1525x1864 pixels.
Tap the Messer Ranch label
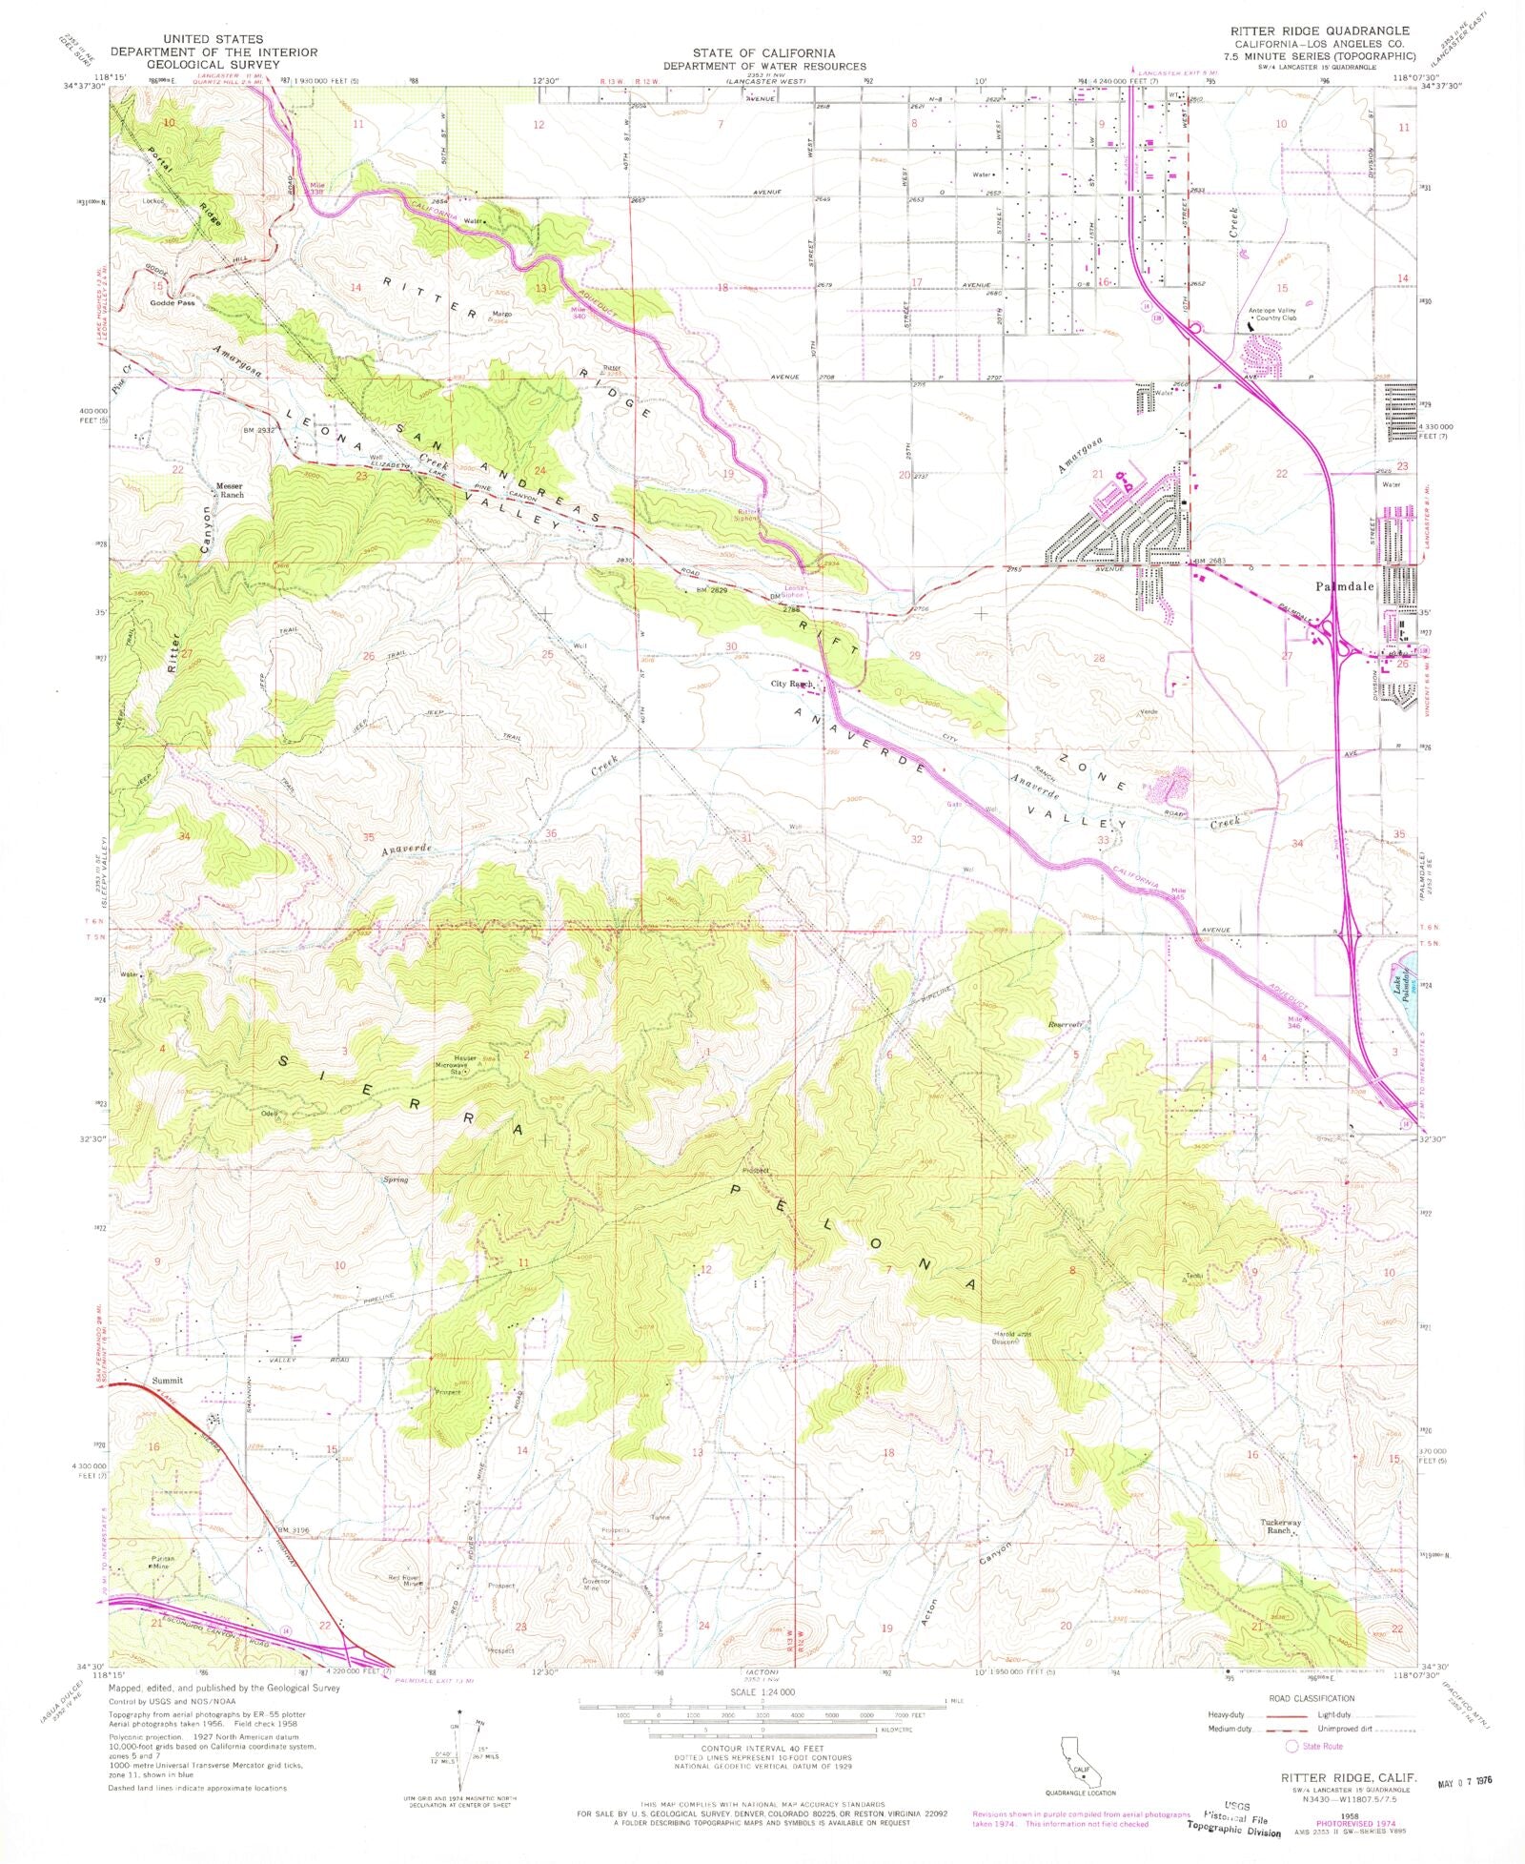point(227,489)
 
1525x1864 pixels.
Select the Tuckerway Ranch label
point(1280,1526)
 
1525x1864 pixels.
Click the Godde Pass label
point(173,303)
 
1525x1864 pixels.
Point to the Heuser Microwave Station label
point(461,1065)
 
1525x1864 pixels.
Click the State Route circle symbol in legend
point(1292,1746)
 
